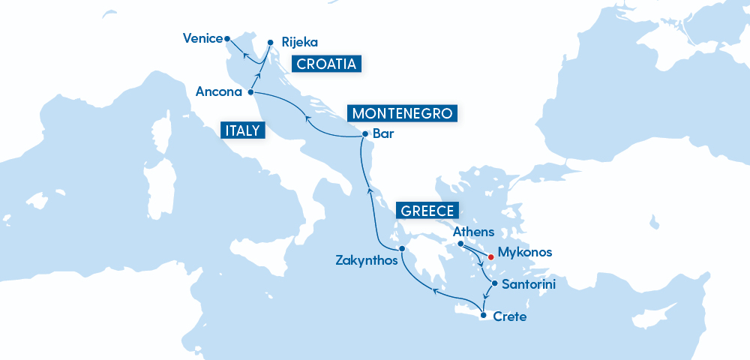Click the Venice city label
click(x=202, y=38)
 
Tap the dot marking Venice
click(x=227, y=37)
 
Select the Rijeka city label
click(x=299, y=43)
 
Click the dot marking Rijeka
click(x=271, y=42)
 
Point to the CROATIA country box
click(x=326, y=64)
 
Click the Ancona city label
click(x=218, y=92)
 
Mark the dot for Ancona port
click(x=250, y=92)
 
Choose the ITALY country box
click(x=242, y=130)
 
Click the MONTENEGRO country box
click(x=402, y=114)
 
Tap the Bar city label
click(x=382, y=135)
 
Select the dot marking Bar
click(x=364, y=134)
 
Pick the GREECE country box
click(x=427, y=211)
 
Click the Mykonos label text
click(x=525, y=253)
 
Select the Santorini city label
click(x=529, y=285)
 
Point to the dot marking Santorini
click(x=494, y=283)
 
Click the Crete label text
click(x=510, y=317)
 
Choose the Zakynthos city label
click(x=366, y=261)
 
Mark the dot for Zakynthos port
click(x=402, y=249)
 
